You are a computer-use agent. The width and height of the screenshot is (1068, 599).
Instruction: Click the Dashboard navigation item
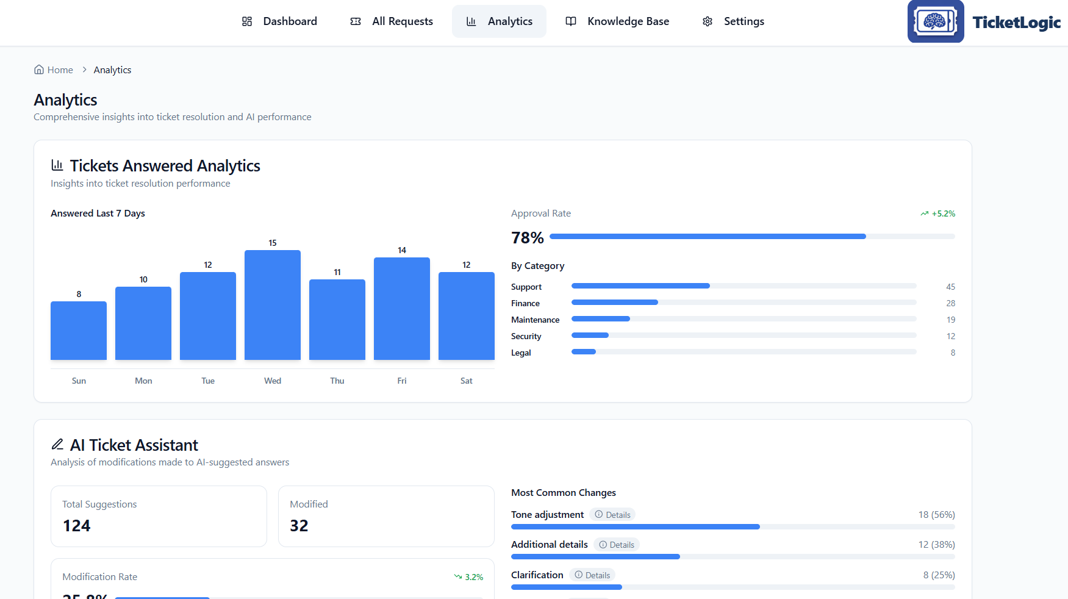coord(279,21)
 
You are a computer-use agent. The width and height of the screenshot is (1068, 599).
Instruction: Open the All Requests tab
coord(392,21)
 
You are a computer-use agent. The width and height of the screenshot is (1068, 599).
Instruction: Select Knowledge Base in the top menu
coord(617,21)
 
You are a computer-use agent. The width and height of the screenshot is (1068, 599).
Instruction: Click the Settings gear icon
coord(708,21)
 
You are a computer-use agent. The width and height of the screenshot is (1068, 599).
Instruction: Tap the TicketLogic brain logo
coord(935,21)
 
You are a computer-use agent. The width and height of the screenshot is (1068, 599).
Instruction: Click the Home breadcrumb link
coord(54,70)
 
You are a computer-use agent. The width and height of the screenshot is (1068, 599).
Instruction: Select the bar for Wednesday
coord(273,305)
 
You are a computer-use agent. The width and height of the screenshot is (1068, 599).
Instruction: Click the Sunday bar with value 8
coord(79,330)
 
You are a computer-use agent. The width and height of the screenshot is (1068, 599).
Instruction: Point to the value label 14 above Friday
coord(402,250)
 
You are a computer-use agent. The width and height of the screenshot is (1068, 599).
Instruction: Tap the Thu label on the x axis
coord(337,381)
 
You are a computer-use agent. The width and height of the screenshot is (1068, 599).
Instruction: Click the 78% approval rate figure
coord(527,238)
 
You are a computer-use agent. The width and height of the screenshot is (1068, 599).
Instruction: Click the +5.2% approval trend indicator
coord(938,213)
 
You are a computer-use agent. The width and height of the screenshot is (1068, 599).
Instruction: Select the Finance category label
coord(525,303)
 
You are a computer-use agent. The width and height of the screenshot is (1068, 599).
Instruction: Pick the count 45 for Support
coord(950,287)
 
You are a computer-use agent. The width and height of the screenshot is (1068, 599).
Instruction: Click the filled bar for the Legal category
coord(584,352)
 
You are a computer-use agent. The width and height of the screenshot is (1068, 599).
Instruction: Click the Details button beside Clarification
coord(592,575)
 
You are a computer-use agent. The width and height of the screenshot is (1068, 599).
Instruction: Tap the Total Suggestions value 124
coord(77,526)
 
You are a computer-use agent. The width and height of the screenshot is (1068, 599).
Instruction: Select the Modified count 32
coord(299,526)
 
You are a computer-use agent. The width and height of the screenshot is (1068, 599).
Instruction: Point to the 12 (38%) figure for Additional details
coord(936,545)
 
